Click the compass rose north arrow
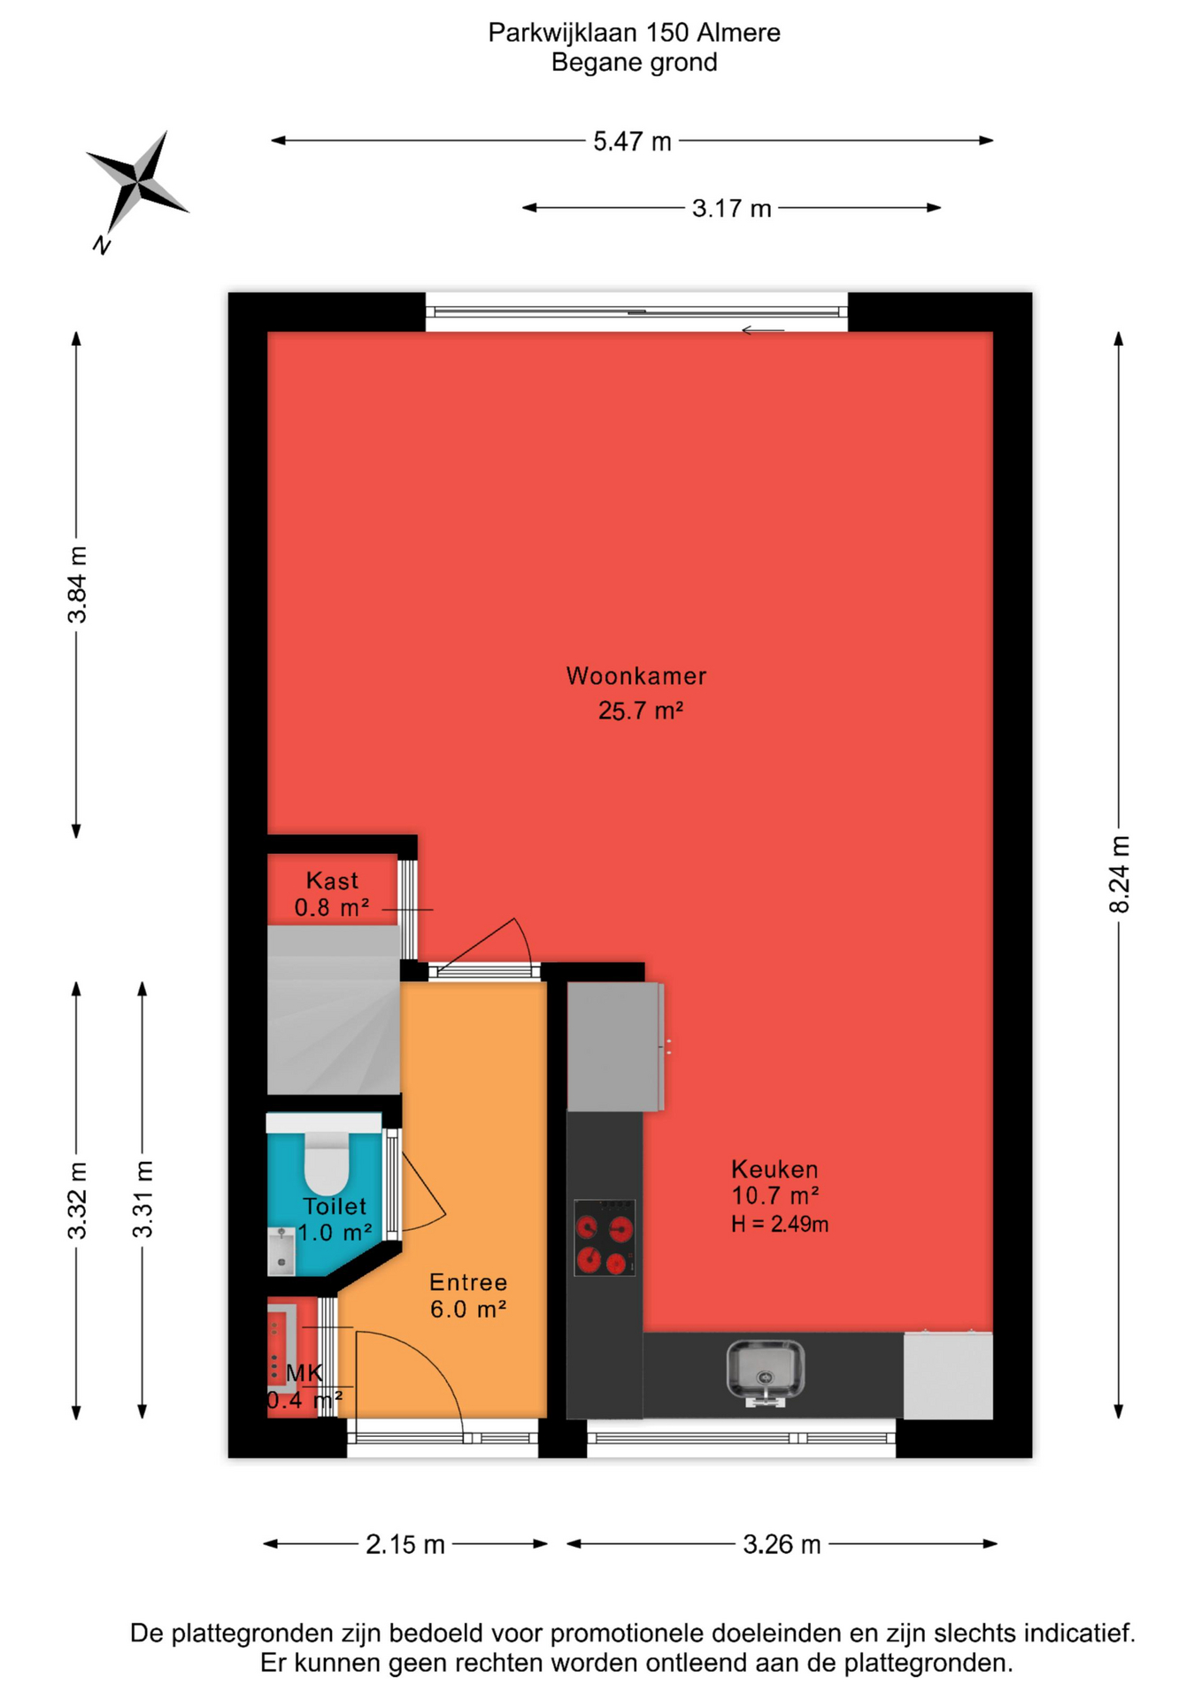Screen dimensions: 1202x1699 138,182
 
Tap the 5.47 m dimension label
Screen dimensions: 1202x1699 632,142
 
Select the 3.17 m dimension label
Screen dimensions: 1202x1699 731,209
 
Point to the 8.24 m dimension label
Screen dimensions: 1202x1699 1119,873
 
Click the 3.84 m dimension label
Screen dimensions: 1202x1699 77,584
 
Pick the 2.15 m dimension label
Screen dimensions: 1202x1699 405,1544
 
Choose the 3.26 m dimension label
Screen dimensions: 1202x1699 782,1544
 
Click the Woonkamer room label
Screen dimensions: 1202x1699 636,676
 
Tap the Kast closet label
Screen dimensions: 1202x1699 332,880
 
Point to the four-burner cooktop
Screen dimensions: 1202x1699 605,1237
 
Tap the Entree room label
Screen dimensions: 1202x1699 468,1282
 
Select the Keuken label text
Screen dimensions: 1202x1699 774,1169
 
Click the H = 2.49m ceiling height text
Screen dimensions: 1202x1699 780,1225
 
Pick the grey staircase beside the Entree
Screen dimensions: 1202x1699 334,1010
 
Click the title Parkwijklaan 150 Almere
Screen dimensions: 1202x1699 635,33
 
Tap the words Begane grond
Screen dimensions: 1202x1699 635,63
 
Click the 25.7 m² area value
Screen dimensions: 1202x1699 641,711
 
